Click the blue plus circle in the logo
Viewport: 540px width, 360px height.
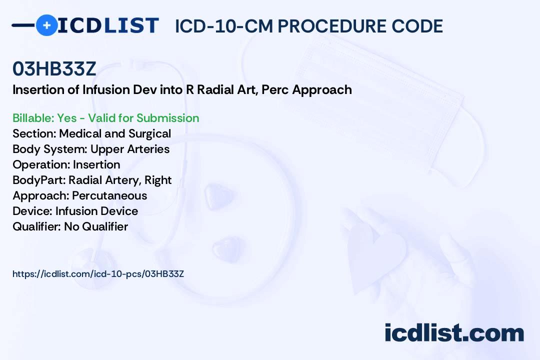[x=46, y=25]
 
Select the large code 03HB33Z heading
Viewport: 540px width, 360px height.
[x=54, y=68]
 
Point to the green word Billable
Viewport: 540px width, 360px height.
[x=33, y=118]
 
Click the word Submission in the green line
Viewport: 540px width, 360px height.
[x=167, y=118]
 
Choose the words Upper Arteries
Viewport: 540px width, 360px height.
[x=130, y=149]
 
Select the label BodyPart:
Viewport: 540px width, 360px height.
[x=39, y=180]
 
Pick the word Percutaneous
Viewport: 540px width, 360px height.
[x=109, y=195]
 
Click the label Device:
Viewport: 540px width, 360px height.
[x=32, y=211]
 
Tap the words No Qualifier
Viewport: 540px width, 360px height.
[x=96, y=226]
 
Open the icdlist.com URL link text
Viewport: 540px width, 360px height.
[x=98, y=274]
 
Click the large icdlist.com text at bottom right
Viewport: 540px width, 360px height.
[x=454, y=332]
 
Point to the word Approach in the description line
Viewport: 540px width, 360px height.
[x=322, y=90]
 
